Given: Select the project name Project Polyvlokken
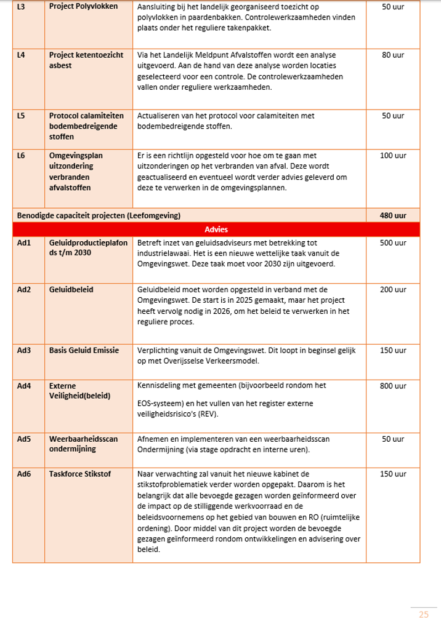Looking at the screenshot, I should [x=83, y=7].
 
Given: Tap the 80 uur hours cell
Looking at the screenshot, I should [x=393, y=55].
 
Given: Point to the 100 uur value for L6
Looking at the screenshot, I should [x=393, y=156].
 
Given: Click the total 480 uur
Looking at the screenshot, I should [x=393, y=216].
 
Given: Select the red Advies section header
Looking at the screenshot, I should [x=216, y=230].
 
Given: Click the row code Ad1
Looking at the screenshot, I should [x=24, y=243].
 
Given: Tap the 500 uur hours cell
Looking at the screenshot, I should [x=393, y=243].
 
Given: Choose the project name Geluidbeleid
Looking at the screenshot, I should [x=71, y=290].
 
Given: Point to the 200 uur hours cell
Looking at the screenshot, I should [x=393, y=290].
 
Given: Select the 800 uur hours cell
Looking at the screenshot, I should [x=393, y=386].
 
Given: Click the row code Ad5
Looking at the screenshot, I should [x=24, y=439].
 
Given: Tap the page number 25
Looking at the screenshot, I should [x=424, y=613].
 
